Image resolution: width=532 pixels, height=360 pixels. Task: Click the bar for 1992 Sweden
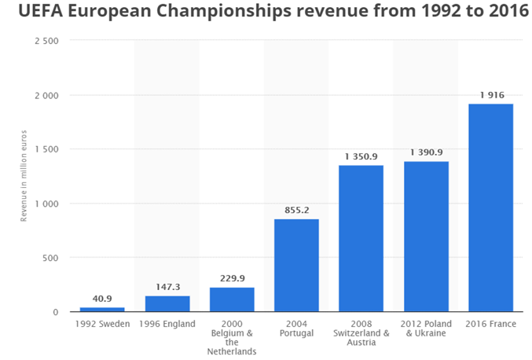(x=102, y=309)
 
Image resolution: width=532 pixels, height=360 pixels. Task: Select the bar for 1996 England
(x=167, y=303)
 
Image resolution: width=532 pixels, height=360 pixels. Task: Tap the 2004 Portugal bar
(x=296, y=265)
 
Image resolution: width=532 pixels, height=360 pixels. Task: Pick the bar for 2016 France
(x=490, y=208)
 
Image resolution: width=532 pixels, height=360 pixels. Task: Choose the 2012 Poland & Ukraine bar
(x=426, y=236)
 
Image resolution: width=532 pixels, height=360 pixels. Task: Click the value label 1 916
(x=490, y=95)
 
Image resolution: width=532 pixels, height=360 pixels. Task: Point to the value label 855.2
(x=296, y=210)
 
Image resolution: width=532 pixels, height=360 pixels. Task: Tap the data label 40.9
(x=102, y=298)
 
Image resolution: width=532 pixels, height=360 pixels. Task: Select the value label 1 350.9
(x=361, y=156)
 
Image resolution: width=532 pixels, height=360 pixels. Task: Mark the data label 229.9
(x=232, y=277)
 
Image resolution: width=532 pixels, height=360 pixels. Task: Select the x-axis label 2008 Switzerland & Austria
(x=361, y=332)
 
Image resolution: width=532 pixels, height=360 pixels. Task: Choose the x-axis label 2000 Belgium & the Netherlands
(x=232, y=337)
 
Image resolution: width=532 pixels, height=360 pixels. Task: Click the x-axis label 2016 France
(x=490, y=322)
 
